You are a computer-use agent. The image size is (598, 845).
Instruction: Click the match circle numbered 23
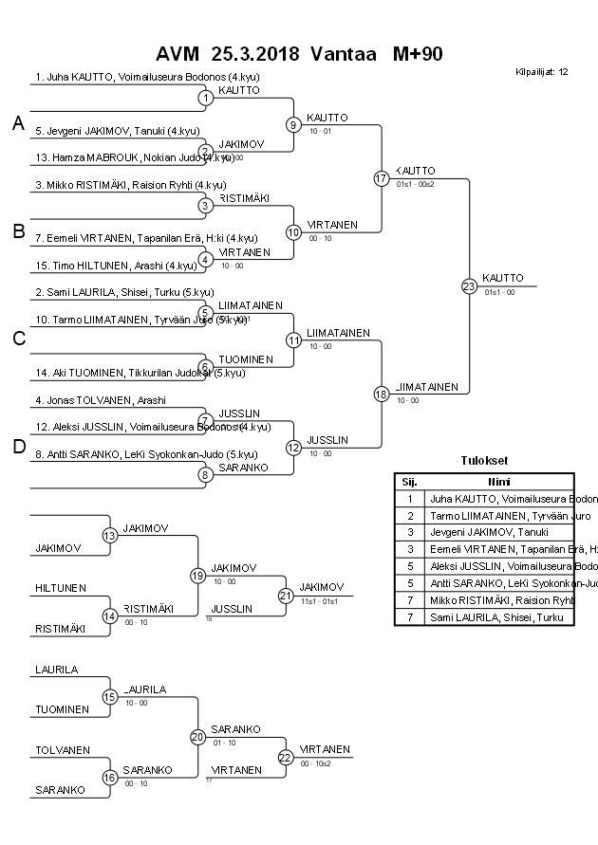pyautogui.click(x=468, y=285)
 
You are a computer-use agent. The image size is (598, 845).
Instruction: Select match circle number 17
pyautogui.click(x=382, y=178)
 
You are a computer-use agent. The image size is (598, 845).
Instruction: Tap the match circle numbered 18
pyautogui.click(x=382, y=394)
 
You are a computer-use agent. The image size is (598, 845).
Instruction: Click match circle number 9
pyautogui.click(x=293, y=124)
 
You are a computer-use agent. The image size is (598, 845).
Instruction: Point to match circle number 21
pyautogui.click(x=285, y=596)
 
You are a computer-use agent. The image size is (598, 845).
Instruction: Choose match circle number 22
pyautogui.click(x=285, y=757)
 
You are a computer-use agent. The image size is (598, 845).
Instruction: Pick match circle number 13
pyautogui.click(x=109, y=536)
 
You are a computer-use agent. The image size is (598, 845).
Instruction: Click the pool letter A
pyautogui.click(x=18, y=123)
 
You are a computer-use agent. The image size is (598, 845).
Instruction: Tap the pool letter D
pyautogui.click(x=18, y=447)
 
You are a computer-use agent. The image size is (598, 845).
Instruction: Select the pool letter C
pyautogui.click(x=18, y=339)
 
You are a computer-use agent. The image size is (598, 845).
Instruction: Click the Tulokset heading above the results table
pyautogui.click(x=483, y=461)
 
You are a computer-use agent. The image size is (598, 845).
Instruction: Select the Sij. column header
pyautogui.click(x=409, y=481)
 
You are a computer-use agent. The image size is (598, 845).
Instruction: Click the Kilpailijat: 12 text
pyautogui.click(x=542, y=71)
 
